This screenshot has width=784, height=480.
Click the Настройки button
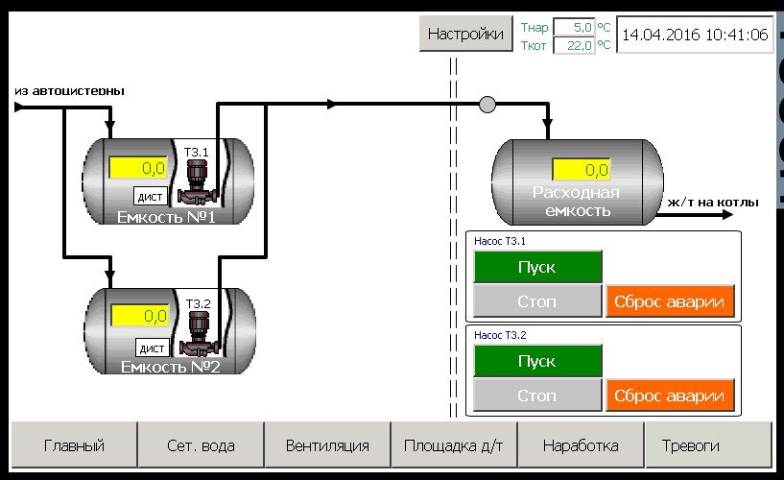(465, 35)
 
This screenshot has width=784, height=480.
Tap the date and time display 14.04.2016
(695, 35)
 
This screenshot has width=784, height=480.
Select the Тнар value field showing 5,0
(574, 28)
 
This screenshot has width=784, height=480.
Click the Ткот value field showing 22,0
(574, 44)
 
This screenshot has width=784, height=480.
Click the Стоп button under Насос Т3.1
(537, 301)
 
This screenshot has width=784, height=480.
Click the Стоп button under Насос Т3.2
(537, 396)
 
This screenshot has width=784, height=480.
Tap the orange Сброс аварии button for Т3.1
(670, 301)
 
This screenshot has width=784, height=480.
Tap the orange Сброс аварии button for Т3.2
(670, 396)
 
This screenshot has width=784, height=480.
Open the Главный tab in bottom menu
(74, 445)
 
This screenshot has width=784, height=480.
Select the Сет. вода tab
(201, 445)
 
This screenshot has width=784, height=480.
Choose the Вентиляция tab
(327, 445)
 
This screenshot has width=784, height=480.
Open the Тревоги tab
(707, 445)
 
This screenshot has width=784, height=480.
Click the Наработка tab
(581, 445)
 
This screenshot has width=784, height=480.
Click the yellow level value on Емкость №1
(138, 168)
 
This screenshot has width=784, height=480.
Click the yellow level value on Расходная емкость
(582, 170)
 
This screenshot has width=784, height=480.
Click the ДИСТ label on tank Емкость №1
(151, 197)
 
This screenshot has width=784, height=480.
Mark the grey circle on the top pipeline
(487, 104)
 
